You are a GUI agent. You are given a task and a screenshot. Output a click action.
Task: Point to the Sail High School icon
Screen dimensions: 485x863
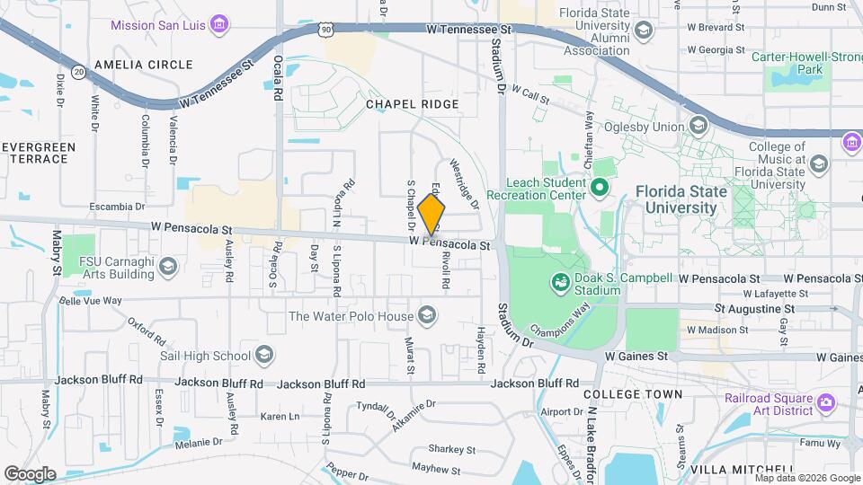[264, 356]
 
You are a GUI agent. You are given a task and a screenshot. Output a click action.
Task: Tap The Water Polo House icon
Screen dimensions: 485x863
[428, 315]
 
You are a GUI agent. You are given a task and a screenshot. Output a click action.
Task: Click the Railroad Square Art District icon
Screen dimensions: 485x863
[825, 404]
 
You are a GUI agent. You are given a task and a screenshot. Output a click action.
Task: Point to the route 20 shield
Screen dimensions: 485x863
[79, 70]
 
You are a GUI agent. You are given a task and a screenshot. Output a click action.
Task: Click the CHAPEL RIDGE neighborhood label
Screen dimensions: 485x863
[412, 104]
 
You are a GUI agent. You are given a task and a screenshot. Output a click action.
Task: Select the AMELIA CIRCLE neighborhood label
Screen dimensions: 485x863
[143, 65]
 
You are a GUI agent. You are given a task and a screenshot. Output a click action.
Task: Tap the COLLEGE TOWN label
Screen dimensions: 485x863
[633, 394]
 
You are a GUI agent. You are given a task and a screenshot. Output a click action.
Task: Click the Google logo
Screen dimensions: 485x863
[30, 473]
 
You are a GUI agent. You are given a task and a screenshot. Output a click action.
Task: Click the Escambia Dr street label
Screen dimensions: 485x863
[117, 207]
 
